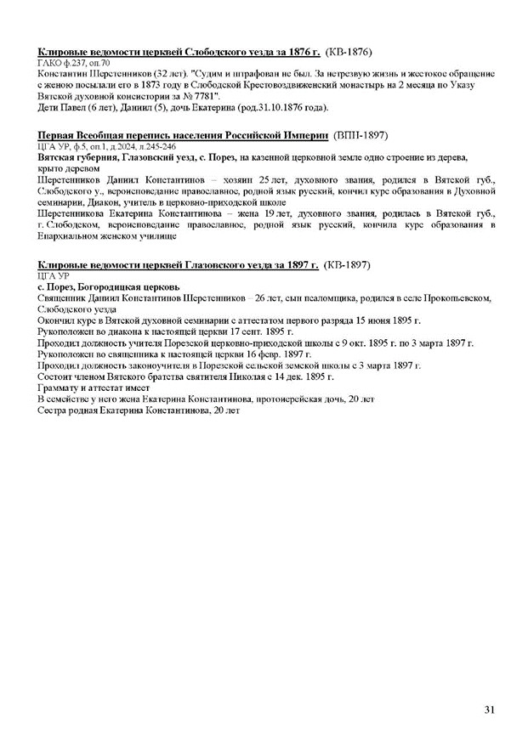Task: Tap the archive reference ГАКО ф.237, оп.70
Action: click(x=74, y=64)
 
